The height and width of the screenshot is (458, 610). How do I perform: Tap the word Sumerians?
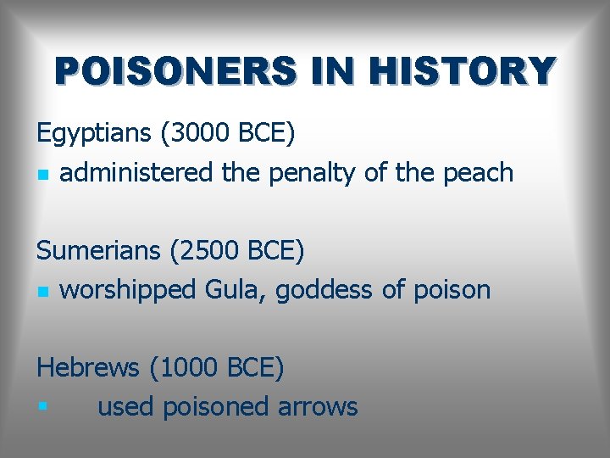pyautogui.click(x=99, y=251)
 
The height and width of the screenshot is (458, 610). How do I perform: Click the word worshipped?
pyautogui.click(x=128, y=290)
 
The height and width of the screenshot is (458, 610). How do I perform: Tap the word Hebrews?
pyautogui.click(x=88, y=368)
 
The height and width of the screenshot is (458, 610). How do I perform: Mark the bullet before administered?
pyautogui.click(x=42, y=175)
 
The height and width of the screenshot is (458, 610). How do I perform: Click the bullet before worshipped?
pyautogui.click(x=42, y=292)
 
